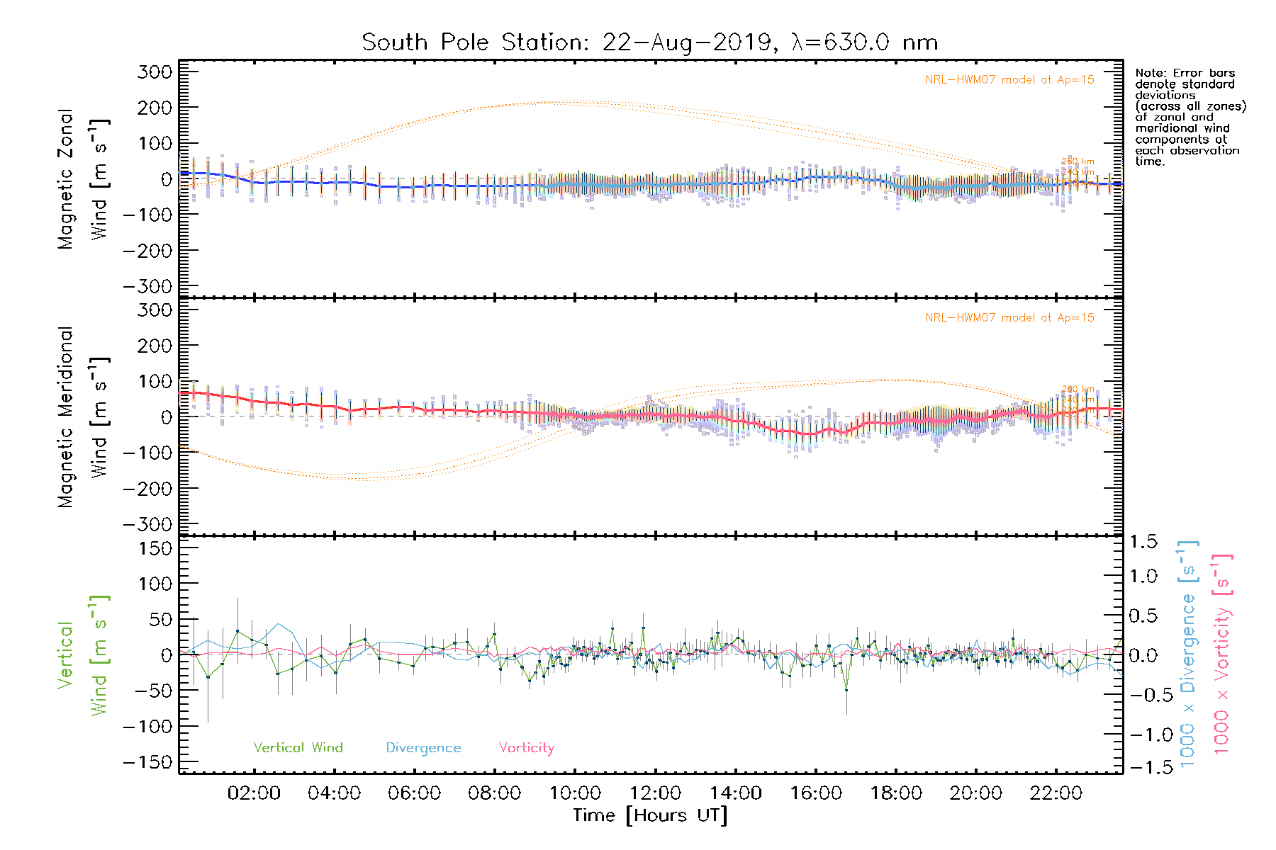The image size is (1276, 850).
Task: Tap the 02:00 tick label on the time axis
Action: pyautogui.click(x=254, y=793)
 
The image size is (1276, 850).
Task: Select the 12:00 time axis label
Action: pyautogui.click(x=655, y=793)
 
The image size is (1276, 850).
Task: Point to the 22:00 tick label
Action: pyautogui.click(x=1056, y=793)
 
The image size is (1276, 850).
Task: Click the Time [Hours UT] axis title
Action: pyautogui.click(x=650, y=815)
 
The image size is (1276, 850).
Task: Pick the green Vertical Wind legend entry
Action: pyautogui.click(x=298, y=748)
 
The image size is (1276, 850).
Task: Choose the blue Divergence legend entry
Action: pyautogui.click(x=423, y=748)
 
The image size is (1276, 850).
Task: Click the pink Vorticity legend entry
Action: pyautogui.click(x=526, y=748)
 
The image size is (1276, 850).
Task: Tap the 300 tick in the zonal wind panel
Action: pyautogui.click(x=155, y=72)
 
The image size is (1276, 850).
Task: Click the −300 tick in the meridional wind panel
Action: pyautogui.click(x=148, y=524)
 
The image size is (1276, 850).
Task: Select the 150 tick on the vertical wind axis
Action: pyautogui.click(x=155, y=548)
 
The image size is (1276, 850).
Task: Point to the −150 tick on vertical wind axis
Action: pyautogui.click(x=148, y=762)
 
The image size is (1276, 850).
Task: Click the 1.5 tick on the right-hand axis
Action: pyautogui.click(x=1143, y=542)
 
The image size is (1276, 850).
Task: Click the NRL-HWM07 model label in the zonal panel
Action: pyautogui.click(x=1009, y=80)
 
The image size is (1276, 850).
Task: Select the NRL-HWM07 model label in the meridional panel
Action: pyautogui.click(x=1009, y=318)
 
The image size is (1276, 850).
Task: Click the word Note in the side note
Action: pyautogui.click(x=1150, y=73)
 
